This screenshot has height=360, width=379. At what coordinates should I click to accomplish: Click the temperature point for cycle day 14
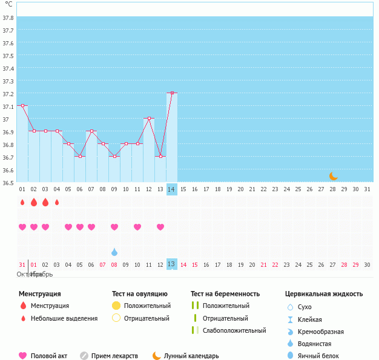coord(172,93)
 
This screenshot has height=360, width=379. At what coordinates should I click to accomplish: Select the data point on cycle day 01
coord(22,105)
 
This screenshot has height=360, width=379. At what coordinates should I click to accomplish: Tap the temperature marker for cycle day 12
coord(149,119)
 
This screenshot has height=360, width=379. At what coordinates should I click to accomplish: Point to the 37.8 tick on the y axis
coord(8,18)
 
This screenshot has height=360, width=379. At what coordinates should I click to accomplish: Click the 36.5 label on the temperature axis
coord(8,183)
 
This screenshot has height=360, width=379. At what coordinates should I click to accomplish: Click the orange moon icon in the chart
coord(334,175)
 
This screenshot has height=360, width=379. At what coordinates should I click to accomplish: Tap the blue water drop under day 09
coord(114,252)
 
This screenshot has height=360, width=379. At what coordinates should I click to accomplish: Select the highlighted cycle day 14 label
coord(172,189)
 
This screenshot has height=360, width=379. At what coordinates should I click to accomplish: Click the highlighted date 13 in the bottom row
coord(171,264)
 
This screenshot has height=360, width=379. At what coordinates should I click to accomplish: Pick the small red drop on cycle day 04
coord(57,202)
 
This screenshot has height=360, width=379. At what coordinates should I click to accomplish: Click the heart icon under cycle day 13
coord(160,227)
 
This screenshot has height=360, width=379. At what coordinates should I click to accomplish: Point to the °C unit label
coord(8,4)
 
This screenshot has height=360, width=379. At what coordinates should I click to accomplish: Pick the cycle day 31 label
coord(367,189)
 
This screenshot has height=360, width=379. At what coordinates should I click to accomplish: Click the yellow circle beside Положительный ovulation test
coord(117,306)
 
